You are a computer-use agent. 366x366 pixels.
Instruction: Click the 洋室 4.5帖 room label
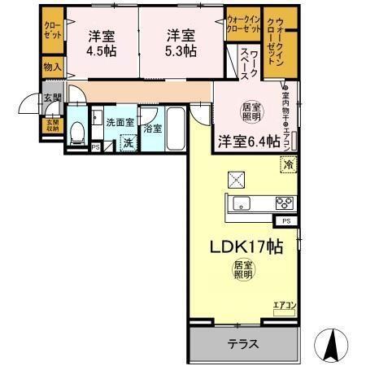pos(101,43)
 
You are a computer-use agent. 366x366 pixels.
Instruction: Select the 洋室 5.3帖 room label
pos(181,43)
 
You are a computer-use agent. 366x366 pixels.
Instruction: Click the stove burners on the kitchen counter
pos(284,203)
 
